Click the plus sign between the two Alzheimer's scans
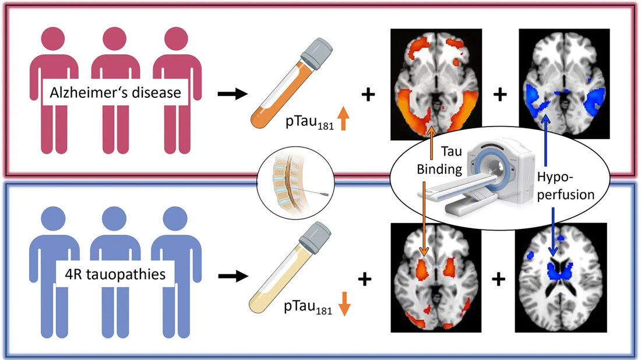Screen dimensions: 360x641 499,94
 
